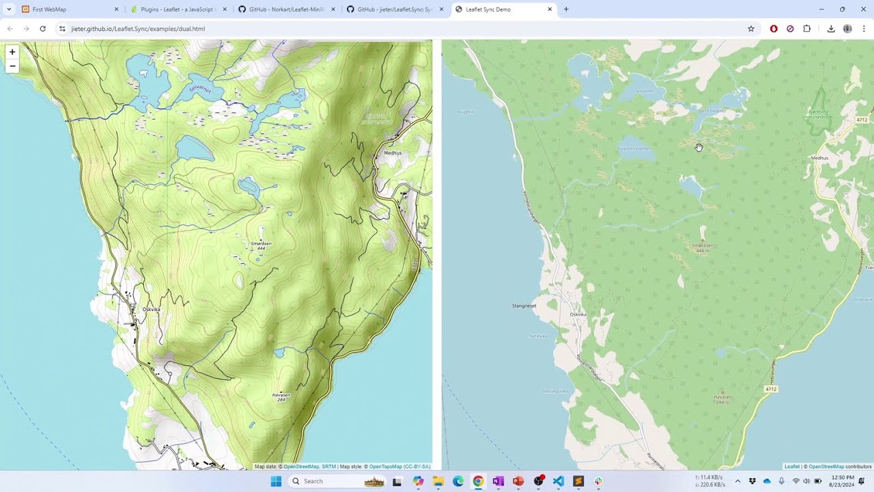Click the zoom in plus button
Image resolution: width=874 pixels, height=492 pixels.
(12, 52)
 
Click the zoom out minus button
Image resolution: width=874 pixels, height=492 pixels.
(12, 66)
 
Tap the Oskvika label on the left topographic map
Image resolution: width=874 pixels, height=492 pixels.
(151, 310)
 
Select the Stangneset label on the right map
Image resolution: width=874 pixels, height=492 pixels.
(524, 305)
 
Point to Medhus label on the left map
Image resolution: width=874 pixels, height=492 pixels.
(393, 153)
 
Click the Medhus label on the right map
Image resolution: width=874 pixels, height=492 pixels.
(819, 158)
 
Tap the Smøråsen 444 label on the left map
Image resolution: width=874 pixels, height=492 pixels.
(261, 245)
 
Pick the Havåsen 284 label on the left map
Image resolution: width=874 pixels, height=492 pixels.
(281, 397)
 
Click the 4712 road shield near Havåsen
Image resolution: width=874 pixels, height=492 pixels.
(771, 389)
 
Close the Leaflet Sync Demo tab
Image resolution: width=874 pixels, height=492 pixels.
(550, 10)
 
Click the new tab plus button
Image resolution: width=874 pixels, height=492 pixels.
(566, 10)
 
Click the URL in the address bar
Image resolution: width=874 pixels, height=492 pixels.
(138, 29)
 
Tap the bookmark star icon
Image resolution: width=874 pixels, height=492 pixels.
(751, 29)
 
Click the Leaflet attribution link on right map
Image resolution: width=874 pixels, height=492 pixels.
(791, 467)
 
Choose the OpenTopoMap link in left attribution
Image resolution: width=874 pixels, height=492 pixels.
(386, 467)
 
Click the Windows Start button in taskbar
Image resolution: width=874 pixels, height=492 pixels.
(276, 481)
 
